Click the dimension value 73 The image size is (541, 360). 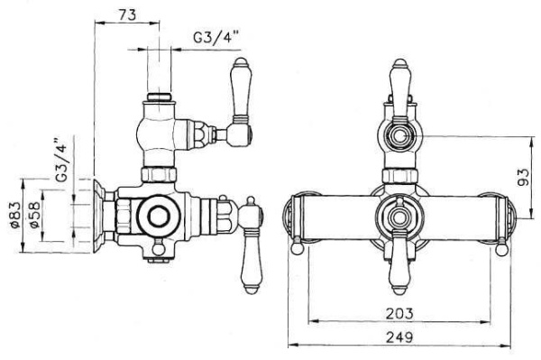tap(126, 14)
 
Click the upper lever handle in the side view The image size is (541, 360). tap(242, 94)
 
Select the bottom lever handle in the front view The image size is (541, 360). tap(399, 267)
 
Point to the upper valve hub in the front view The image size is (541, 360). tap(399, 136)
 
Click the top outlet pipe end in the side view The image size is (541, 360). tap(159, 94)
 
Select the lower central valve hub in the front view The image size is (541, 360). tap(399, 217)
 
